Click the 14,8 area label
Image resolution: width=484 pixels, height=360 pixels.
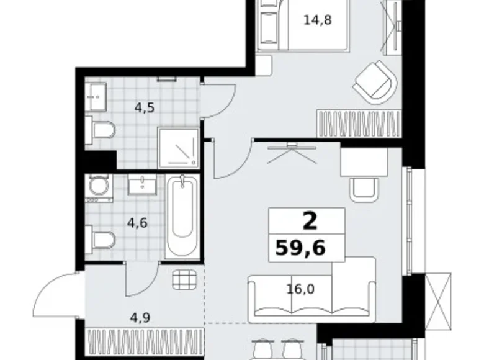click(318, 20)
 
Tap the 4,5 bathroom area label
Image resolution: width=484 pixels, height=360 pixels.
click(145, 108)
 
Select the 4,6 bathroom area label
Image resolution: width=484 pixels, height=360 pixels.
click(137, 223)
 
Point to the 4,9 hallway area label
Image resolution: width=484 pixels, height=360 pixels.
click(140, 317)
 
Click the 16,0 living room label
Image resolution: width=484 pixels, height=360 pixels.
click(300, 289)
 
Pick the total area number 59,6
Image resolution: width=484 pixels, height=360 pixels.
click(300, 248)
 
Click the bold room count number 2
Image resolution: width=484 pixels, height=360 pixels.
click(310, 221)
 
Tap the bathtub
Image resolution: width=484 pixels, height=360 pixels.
click(182, 217)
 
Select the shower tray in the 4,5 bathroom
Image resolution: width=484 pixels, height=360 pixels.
click(179, 148)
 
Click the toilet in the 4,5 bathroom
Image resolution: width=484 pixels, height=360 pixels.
click(101, 130)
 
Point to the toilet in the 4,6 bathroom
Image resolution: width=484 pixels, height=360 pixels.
click(101, 240)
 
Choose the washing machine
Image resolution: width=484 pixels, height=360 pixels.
click(99, 187)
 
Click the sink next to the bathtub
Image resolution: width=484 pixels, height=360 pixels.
click(142, 184)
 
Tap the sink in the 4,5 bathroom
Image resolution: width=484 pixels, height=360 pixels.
click(96, 97)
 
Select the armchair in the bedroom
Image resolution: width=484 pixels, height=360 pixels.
click(375, 82)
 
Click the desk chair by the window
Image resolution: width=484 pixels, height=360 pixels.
click(364, 190)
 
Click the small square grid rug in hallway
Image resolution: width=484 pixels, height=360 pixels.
click(184, 280)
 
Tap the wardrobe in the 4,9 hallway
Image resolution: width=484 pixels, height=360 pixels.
click(146, 342)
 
